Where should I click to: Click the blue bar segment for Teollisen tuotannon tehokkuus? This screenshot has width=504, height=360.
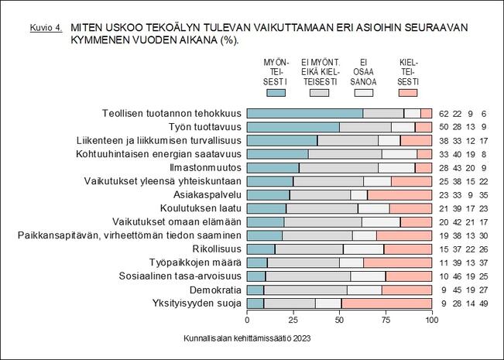[305, 114]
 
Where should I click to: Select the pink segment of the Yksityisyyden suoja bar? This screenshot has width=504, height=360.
[386, 302]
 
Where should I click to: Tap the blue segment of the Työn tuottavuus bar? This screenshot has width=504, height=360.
[293, 127]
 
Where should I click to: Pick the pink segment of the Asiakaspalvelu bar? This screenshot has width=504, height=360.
[399, 194]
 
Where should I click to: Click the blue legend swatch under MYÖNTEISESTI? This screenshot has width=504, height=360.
[276, 93]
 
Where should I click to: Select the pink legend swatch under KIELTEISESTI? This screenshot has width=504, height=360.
[408, 93]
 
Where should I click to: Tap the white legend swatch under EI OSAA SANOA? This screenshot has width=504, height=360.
[364, 93]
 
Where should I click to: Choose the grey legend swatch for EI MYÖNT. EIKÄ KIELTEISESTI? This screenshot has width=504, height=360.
[320, 93]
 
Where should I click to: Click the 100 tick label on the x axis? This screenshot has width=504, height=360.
[432, 319]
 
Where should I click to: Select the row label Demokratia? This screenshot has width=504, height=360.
[214, 289]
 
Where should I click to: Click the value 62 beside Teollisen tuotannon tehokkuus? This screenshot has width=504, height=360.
[444, 114]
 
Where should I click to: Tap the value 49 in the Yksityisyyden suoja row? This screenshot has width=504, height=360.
[484, 302]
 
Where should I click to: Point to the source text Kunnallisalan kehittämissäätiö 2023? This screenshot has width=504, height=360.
[247, 338]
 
